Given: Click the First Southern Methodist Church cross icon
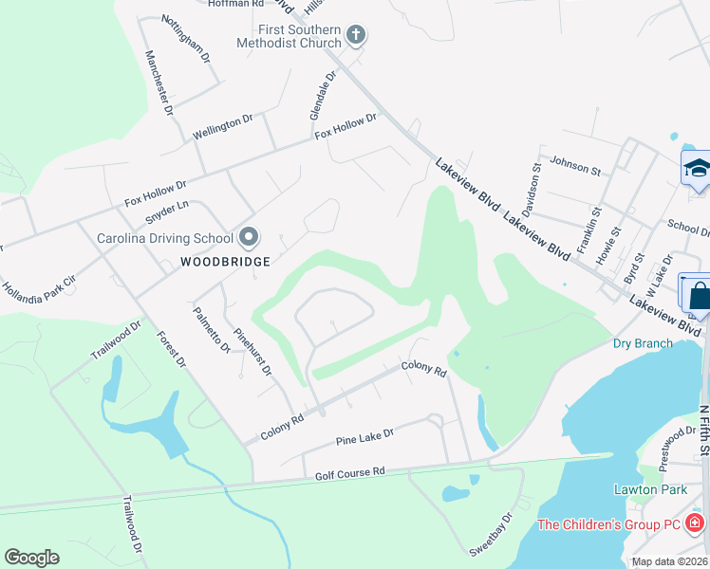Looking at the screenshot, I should (356, 36).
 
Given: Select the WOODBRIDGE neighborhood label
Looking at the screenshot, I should (227, 261).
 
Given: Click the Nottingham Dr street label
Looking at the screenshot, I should (185, 39).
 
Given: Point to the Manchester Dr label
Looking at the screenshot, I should (159, 83).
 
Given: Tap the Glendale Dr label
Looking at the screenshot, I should (323, 95).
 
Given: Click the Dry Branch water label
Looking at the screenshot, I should (643, 343).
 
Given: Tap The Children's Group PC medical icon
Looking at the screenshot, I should (695, 523).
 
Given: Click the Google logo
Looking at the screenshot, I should (31, 558).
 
